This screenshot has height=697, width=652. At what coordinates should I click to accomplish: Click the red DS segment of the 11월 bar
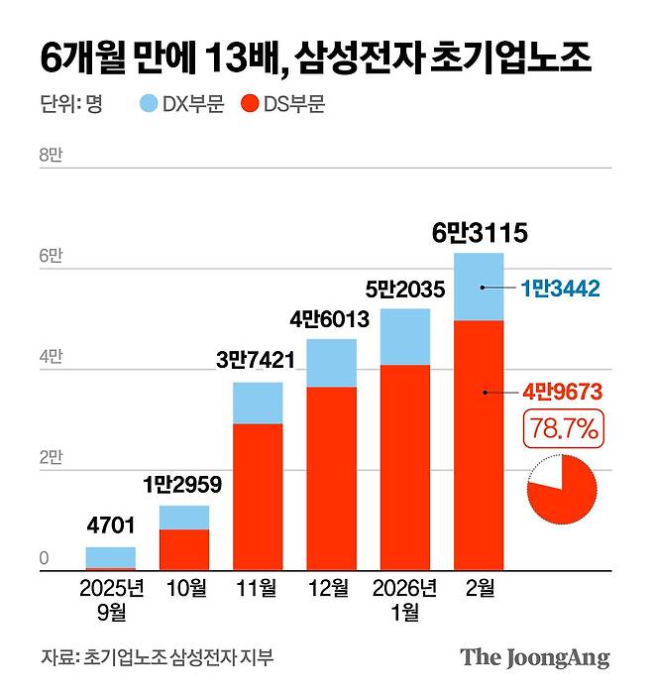coord(257,497)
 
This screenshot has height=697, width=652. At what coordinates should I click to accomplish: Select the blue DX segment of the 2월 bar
coord(479,287)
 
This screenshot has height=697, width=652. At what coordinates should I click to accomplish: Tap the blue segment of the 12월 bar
coord(331,363)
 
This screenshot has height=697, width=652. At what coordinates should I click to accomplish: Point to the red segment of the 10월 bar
coord(183,550)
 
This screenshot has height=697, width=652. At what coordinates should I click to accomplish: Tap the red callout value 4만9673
coord(562,392)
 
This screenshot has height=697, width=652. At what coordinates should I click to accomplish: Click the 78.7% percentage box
coord(562,431)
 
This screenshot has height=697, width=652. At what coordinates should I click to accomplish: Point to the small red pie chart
coord(562,488)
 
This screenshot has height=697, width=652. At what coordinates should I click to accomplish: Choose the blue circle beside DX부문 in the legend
coord(149,103)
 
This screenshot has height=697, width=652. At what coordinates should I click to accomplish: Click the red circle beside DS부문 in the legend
coord(251,103)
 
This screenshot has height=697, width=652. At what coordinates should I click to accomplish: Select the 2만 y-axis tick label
coord(51,458)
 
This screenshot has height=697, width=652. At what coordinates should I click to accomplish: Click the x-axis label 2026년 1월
coord(404,600)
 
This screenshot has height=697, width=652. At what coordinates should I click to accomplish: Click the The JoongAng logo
coord(534,657)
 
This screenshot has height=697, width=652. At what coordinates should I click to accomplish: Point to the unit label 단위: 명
coord(72,103)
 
